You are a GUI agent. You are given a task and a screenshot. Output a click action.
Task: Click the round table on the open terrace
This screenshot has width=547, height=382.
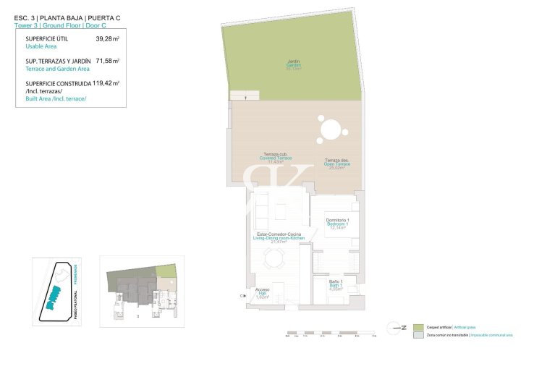click(330, 130)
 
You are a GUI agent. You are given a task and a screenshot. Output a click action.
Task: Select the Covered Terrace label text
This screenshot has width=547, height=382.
click(275, 159)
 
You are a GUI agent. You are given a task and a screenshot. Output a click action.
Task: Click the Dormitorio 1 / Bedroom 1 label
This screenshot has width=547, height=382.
click(338, 224)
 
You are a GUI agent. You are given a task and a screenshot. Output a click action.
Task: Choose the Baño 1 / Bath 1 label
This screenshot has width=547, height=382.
click(336, 284)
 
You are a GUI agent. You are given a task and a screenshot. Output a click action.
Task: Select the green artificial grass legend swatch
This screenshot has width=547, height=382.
click(417, 328)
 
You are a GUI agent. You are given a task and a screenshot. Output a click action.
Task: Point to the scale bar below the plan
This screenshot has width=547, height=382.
click(331, 334)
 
